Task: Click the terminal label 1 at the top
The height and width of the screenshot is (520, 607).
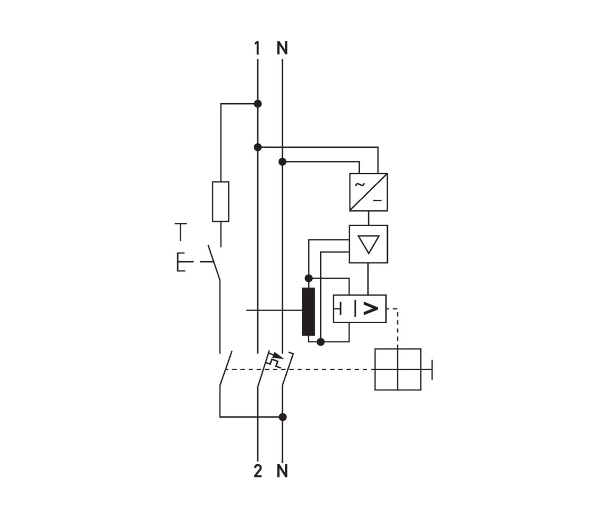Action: tap(257, 49)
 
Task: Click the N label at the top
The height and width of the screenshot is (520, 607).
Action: tap(282, 49)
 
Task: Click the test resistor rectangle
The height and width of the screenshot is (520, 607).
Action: tap(221, 201)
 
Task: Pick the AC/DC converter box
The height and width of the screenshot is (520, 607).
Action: tap(369, 192)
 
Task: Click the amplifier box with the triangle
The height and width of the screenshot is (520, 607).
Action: tap(369, 244)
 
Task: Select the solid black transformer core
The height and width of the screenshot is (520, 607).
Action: tap(308, 312)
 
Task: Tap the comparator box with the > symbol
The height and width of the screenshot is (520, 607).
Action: tap(360, 308)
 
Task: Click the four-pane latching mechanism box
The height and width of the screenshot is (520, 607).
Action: tap(398, 369)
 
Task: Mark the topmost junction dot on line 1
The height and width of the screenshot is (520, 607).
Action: tap(257, 104)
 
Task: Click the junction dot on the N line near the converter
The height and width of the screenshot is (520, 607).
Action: tap(282, 162)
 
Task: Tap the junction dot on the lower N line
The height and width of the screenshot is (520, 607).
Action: tap(283, 417)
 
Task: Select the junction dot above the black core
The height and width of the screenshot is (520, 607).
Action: tap(308, 278)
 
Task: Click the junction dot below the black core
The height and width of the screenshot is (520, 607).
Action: tap(320, 342)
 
